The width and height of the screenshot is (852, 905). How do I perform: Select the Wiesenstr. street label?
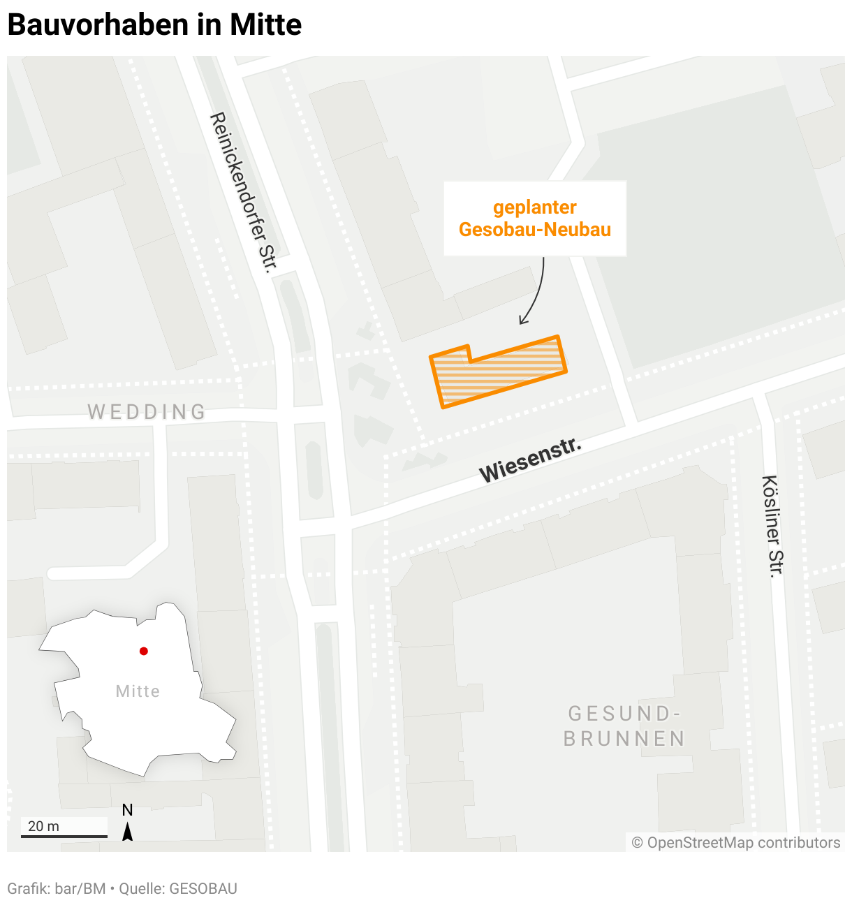coord(530,460)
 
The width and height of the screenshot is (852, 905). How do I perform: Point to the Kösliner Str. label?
coord(772,526)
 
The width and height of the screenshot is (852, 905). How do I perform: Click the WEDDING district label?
coord(147,412)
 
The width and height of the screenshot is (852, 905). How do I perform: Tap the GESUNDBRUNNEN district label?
coord(624,726)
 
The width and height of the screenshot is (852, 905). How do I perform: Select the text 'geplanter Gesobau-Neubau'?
coord(535,218)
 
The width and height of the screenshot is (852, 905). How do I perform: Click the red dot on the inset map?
coord(144,651)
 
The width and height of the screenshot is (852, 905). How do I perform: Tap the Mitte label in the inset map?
coord(138,691)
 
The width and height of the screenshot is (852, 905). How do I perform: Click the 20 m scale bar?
coord(64,835)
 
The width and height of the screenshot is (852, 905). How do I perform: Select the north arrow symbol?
coord(127,832)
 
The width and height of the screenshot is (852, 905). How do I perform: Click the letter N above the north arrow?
coord(127,810)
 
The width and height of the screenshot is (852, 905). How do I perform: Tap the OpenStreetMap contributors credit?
coord(736,843)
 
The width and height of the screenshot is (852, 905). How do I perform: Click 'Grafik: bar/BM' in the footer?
coord(57,889)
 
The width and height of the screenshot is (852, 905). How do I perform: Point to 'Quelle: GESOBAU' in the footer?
coord(178,889)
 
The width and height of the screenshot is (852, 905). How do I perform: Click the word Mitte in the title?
coord(266,25)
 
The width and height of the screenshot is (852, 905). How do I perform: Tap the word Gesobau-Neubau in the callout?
coord(535,230)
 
